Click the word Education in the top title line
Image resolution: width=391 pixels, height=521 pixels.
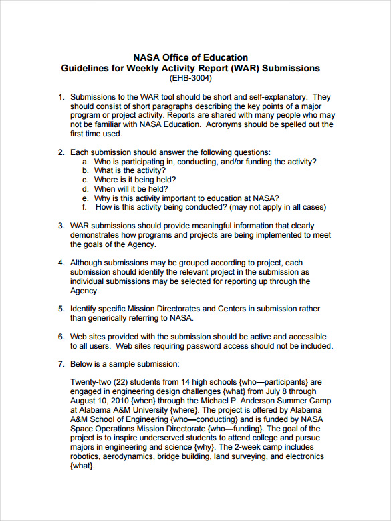(224, 57)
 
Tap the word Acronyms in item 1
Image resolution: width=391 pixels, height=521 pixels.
(225, 124)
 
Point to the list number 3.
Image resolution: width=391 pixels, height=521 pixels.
(61, 226)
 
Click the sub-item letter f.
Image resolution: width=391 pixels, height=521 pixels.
(84, 207)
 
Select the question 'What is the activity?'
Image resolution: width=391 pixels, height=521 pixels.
(130, 170)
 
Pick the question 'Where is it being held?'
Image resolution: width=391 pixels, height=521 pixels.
(135, 180)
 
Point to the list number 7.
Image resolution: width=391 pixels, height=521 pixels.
(61, 364)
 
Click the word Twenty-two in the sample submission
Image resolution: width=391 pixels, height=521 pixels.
(93, 382)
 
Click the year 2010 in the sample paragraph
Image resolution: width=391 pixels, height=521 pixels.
(119, 401)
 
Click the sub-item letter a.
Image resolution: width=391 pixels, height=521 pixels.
(85, 161)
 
